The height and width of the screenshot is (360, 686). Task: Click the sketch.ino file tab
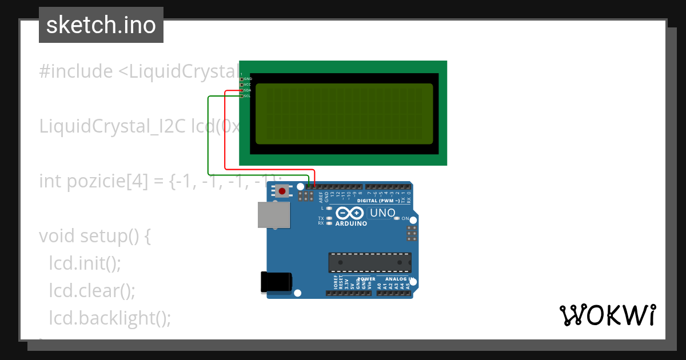[101, 25]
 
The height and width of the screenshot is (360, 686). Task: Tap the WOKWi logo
[607, 315]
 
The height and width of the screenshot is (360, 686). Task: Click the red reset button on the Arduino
[282, 191]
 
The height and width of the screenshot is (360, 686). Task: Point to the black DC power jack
[276, 282]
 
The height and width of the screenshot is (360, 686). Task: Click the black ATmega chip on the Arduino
[369, 262]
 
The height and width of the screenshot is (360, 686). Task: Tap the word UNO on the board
[382, 213]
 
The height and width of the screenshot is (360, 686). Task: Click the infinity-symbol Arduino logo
[350, 213]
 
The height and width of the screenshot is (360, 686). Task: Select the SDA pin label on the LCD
[248, 90]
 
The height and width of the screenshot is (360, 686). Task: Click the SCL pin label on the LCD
[248, 96]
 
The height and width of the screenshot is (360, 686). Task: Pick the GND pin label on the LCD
[248, 79]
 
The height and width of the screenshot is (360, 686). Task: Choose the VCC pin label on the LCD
[248, 85]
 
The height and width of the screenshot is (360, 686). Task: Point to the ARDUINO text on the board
[351, 223]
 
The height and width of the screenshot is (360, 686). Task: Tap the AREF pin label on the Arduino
[321, 197]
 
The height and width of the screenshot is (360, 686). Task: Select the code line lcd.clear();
[92, 291]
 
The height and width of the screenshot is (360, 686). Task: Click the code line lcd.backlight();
[110, 318]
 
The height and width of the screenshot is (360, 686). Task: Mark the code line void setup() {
[95, 236]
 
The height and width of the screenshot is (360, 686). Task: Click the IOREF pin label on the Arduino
[336, 282]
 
